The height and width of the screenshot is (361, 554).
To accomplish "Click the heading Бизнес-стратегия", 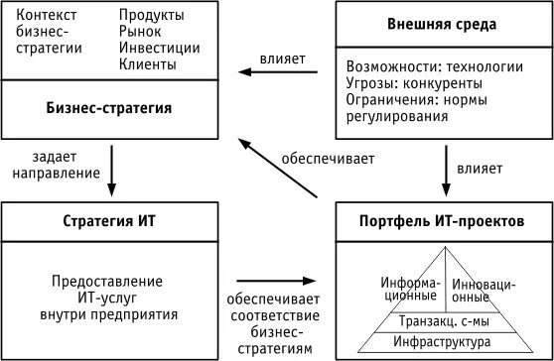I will tap(110, 107).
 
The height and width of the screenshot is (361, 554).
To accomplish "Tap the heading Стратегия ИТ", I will tap(110, 219).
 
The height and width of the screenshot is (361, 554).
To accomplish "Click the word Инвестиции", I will tap(159, 48).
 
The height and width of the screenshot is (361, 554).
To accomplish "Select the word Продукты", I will tap(153, 16).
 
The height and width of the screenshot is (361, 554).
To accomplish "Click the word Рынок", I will tap(140, 32).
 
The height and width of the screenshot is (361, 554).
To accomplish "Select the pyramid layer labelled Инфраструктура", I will tap(442, 342).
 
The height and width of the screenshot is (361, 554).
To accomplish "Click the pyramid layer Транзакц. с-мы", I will tap(442, 321).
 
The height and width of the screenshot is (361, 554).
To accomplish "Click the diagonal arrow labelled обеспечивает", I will tap(283, 163).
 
